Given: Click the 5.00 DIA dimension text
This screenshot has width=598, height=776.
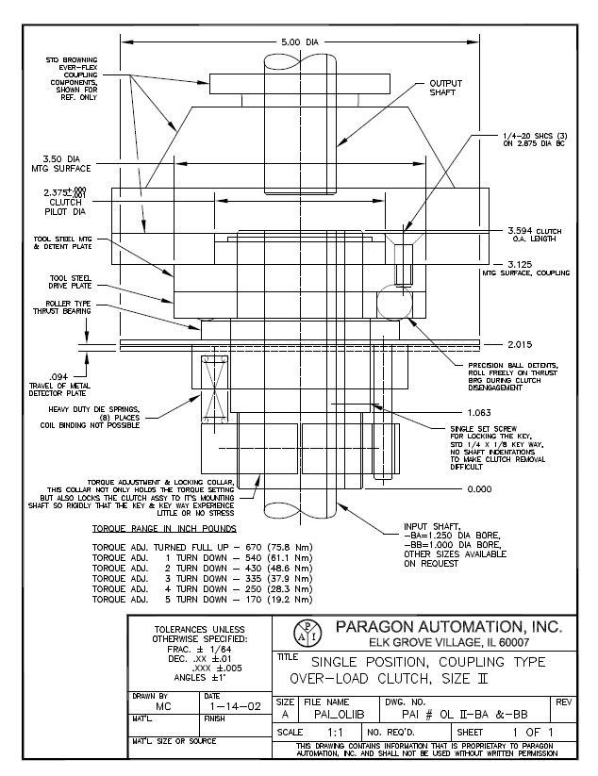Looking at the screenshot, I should click(x=301, y=41).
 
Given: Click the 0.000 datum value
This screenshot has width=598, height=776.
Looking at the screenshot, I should click(x=481, y=489).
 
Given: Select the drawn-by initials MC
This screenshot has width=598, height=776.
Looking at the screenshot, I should click(x=162, y=704).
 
